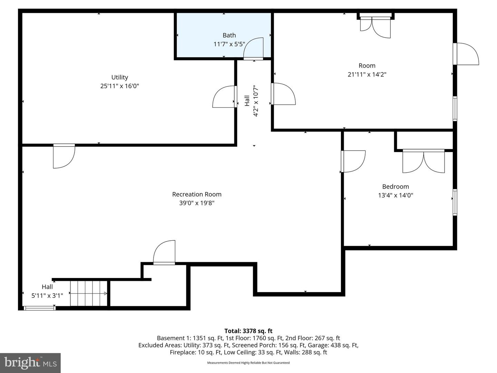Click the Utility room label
tap(119, 77)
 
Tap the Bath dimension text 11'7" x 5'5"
tap(229, 44)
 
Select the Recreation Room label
tap(197, 194)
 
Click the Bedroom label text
tap(396, 186)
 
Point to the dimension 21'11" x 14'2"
tap(367, 74)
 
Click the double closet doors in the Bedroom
tap(423, 161)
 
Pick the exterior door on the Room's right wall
tap(467, 54)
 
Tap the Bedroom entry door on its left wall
tap(353, 161)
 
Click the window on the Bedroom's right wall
tap(455, 202)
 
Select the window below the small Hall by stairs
tap(39, 308)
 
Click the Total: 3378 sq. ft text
tap(248, 331)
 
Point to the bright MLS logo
tap(30, 363)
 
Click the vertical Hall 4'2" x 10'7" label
tap(251, 101)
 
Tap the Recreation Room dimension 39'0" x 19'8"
tap(197, 203)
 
